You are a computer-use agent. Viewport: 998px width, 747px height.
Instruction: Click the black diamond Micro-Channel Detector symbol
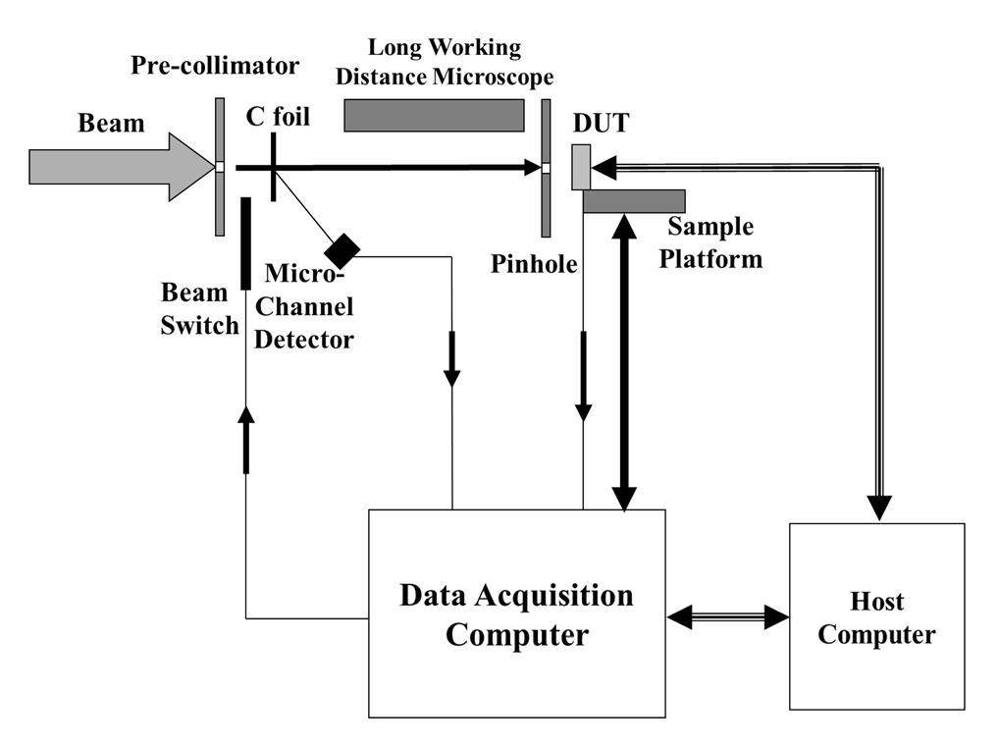(x=342, y=250)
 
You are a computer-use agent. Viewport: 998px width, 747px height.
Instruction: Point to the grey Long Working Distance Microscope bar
(x=434, y=115)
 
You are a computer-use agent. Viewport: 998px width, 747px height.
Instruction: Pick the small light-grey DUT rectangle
(x=581, y=167)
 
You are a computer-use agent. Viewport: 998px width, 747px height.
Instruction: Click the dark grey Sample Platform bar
(x=633, y=200)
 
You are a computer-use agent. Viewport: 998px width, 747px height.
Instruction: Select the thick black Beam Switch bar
(x=245, y=242)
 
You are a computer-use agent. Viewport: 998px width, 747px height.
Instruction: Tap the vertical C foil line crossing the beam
(x=272, y=167)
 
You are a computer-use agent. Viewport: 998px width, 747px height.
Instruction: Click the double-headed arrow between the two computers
(x=727, y=616)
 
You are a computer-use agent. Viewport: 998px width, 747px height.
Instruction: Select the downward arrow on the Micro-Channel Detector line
(x=452, y=359)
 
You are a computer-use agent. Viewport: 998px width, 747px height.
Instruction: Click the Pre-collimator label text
(x=214, y=67)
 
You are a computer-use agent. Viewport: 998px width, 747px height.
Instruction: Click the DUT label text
(x=601, y=124)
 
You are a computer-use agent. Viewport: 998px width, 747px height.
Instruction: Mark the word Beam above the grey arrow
(x=111, y=123)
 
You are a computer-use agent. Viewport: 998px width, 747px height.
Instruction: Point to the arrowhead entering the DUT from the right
(x=604, y=168)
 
